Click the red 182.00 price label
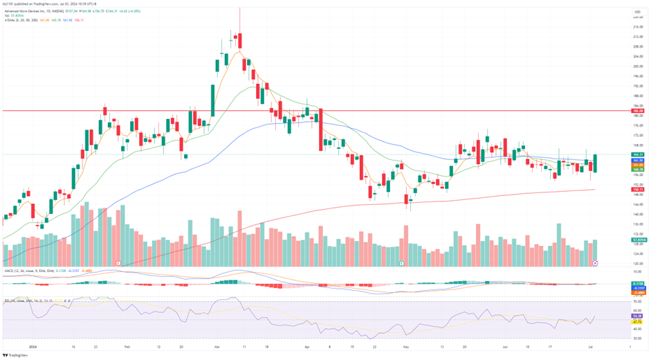[x=638, y=111]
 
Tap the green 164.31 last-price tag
[x=638, y=154]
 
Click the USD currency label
[x=636, y=12]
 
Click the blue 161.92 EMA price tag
[x=638, y=160]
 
